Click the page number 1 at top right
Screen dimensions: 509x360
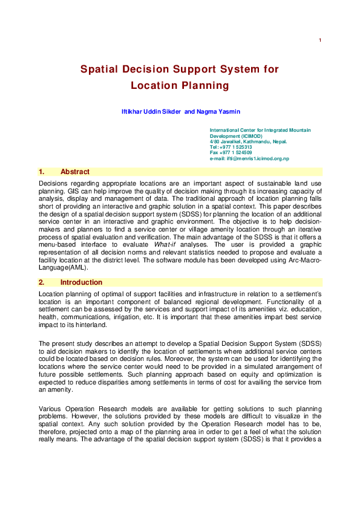tap(319, 41)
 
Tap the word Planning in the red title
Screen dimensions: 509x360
tap(205, 86)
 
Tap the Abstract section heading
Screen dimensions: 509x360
tap(75, 172)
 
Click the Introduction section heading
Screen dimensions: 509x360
tap(81, 282)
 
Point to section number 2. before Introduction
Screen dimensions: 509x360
tap(42, 282)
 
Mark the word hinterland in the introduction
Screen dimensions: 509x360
tap(93, 325)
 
